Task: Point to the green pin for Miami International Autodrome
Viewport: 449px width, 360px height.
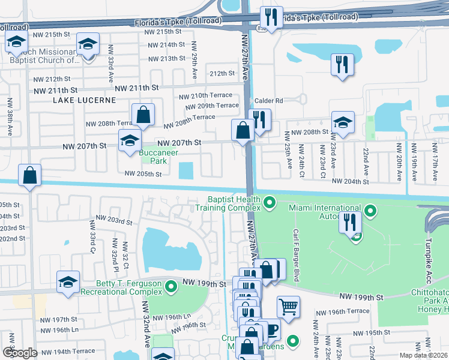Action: [x=372, y=211]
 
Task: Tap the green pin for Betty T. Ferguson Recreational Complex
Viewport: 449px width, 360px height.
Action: [x=171, y=286]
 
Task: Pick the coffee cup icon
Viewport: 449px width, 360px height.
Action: [x=272, y=329]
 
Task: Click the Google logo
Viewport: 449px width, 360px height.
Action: [x=20, y=353]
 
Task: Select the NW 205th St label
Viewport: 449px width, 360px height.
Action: [x=143, y=174]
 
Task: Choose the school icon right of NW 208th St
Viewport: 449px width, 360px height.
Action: [x=343, y=122]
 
